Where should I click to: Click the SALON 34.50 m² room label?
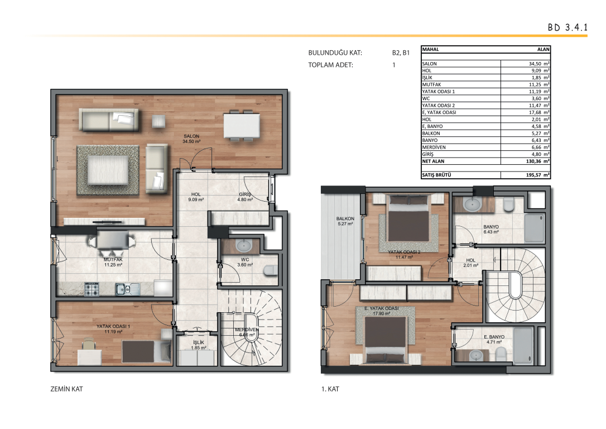pos(191,139)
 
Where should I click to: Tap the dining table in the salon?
pos(242,125)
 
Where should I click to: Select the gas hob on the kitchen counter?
pos(92,289)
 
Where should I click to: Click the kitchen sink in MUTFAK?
pos(128,289)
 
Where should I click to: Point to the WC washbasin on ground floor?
pos(243,245)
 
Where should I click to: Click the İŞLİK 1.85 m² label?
pos(199,345)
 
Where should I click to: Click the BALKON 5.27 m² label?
pos(345,221)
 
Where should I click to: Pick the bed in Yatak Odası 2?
pos(408,218)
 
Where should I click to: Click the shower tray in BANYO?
pos(534,228)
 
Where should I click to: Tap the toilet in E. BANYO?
pos(501,353)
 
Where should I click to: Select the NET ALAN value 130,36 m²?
pos(537,161)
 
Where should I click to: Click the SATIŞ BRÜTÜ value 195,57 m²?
pos(537,175)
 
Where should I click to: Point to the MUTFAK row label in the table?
pos(431,84)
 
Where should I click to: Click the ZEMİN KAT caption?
pos(66,389)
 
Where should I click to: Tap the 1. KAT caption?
pos(330,389)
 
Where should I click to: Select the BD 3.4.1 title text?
pos(567,27)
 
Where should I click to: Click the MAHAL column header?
pos(431,50)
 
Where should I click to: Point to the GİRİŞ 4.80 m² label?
pos(245,197)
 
